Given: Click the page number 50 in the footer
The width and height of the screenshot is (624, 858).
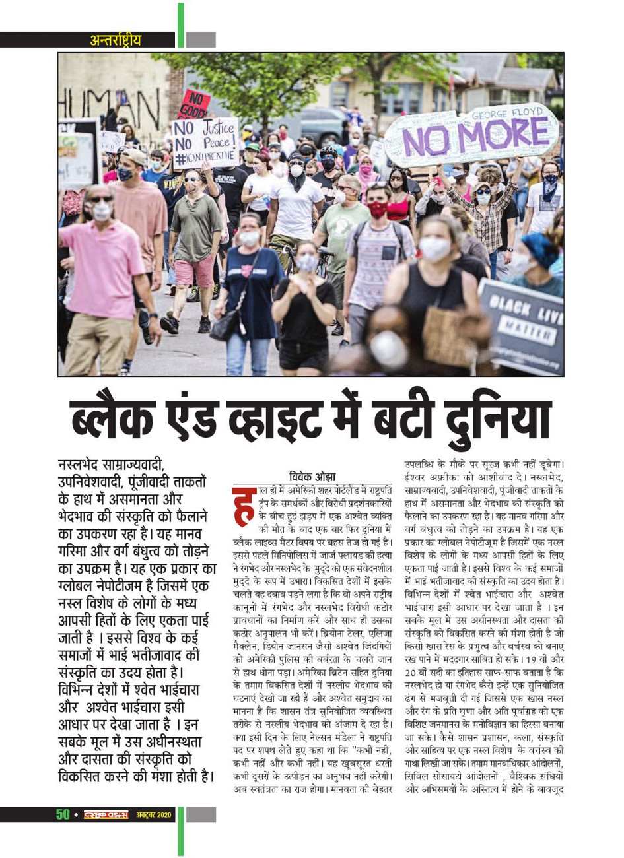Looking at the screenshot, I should coord(63,814).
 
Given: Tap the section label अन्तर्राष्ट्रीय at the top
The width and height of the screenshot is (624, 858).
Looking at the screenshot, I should coord(116,40).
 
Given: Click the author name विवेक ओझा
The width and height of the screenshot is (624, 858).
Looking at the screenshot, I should coord(312,477).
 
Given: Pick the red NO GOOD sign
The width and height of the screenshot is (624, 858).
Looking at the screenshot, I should coord(194,104).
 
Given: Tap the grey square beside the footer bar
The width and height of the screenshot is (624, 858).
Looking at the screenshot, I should coord(201,814).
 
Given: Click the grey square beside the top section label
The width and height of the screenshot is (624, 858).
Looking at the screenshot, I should coord(201,40).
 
